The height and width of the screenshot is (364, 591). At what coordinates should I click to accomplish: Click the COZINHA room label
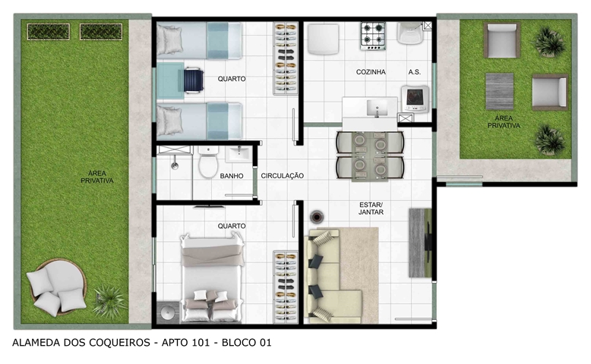(x=371, y=72)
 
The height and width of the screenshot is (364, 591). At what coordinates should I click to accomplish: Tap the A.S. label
(x=414, y=72)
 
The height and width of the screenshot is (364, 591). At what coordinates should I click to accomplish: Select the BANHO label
(x=232, y=176)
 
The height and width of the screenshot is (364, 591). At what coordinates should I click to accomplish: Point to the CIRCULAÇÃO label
(x=283, y=176)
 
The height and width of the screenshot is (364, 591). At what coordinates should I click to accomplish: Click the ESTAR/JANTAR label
(x=371, y=209)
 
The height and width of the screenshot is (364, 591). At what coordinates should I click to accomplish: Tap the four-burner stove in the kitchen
(x=373, y=36)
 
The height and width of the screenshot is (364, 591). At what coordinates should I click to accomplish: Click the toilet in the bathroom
(x=208, y=162)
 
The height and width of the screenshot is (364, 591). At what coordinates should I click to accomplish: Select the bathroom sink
(x=238, y=154)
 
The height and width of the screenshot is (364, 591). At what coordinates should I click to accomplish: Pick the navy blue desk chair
(x=194, y=80)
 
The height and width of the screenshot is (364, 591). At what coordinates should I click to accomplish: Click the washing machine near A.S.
(x=415, y=99)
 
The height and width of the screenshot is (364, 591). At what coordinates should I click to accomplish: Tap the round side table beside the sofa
(x=317, y=217)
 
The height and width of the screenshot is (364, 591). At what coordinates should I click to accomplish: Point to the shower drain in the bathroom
(x=175, y=165)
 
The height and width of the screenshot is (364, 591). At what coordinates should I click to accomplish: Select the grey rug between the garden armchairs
(x=499, y=92)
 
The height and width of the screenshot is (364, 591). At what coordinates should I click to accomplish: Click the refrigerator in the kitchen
(x=323, y=39)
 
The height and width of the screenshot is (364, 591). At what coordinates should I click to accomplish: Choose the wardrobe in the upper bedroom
(x=286, y=58)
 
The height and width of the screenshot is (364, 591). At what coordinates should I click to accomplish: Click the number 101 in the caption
(x=200, y=343)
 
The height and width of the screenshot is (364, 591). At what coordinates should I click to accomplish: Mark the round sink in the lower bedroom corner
(x=167, y=312)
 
